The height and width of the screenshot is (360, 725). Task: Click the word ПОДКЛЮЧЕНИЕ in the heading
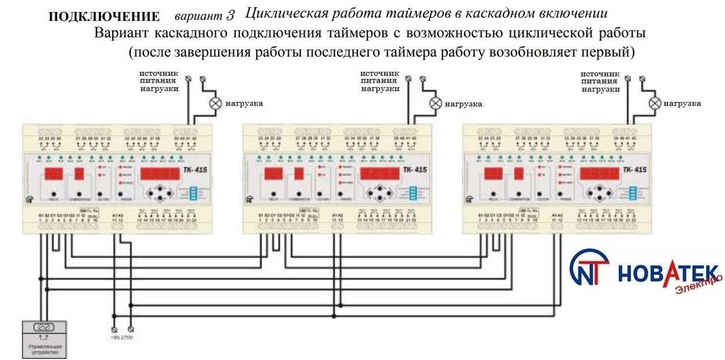(x=104, y=16)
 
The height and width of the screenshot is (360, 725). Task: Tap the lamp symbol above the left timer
(x=215, y=103)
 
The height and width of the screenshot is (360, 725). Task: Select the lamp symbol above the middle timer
(x=435, y=103)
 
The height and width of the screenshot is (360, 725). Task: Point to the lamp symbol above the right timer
(x=655, y=103)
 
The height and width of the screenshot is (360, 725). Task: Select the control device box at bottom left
(x=45, y=338)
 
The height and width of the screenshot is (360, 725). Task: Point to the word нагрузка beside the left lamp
(x=244, y=104)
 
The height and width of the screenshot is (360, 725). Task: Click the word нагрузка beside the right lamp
(x=682, y=104)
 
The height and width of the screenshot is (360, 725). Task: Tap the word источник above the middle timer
(x=379, y=74)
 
